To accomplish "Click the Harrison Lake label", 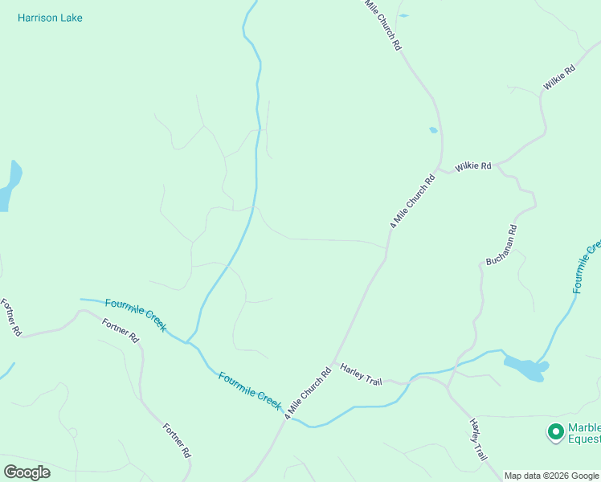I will (50, 18).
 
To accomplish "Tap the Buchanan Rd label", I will (501, 245).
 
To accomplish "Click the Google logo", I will (27, 472).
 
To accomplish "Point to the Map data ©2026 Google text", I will (551, 476).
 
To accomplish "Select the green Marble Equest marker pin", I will (554, 432).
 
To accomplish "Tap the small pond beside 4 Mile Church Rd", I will (433, 129).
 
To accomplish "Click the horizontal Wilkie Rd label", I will (473, 166).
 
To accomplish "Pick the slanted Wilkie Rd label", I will (559, 78).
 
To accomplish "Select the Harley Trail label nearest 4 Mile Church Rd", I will (361, 374).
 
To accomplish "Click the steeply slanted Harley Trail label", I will (479, 439).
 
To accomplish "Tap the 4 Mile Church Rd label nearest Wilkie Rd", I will (412, 202).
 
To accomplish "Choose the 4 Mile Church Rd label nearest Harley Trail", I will (308, 392).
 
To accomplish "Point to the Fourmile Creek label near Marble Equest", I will (587, 266).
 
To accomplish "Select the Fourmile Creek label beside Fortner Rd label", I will (136, 315).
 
